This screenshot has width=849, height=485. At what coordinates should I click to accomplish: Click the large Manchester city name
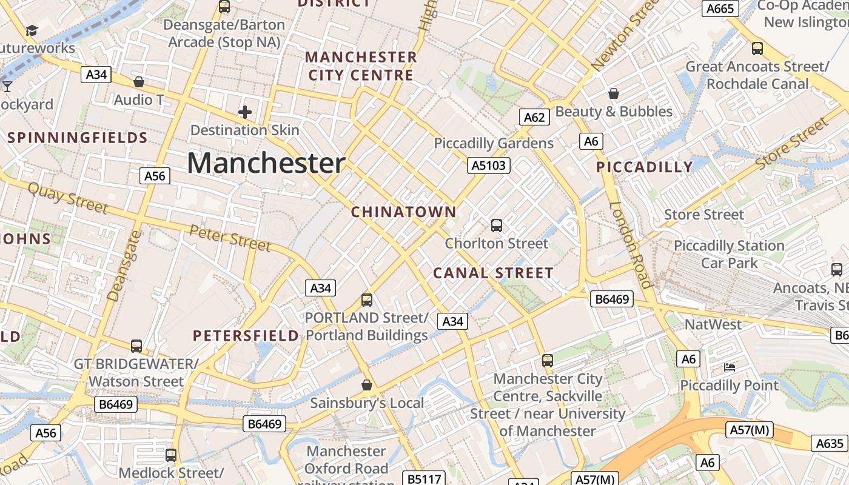point(266,163)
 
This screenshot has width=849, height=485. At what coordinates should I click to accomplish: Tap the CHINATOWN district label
point(403,212)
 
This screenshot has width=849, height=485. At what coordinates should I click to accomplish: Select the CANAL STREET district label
point(493,273)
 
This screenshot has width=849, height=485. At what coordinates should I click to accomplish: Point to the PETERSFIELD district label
point(246,336)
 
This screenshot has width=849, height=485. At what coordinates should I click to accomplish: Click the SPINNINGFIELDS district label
point(78,138)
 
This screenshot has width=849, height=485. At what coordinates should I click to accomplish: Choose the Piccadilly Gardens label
point(494,143)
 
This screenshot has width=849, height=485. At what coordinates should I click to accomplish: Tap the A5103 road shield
point(489,165)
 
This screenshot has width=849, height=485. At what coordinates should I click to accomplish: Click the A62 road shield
point(534,117)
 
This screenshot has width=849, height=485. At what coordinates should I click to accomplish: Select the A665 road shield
point(720,8)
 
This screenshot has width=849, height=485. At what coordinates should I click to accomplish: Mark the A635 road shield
point(830,443)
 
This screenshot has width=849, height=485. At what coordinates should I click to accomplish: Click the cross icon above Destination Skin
point(245,112)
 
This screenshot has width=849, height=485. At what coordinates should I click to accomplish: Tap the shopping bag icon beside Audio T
point(139,82)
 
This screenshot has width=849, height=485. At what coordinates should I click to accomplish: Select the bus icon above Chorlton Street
point(497,226)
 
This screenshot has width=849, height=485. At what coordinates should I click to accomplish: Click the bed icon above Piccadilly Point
point(730,367)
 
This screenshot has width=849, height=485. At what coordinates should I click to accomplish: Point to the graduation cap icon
point(32,30)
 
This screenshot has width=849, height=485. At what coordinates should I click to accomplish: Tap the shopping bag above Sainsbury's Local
point(367,385)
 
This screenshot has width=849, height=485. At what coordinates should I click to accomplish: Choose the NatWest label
point(713,324)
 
